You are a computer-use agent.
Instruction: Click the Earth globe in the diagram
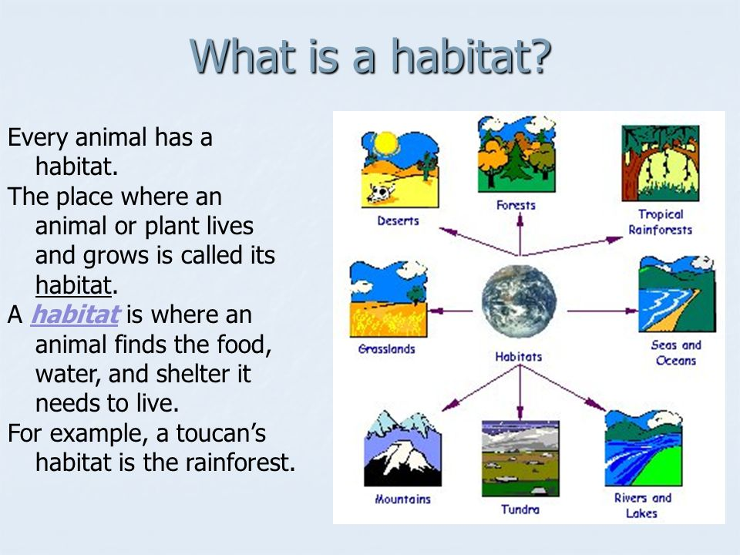coord(519,301)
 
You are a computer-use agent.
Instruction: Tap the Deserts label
coord(398,220)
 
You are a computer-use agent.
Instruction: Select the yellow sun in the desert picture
coord(386,143)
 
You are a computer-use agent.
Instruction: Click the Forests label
coord(516,205)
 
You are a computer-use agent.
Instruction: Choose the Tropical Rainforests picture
coord(661,163)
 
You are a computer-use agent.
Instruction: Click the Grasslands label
coord(386,349)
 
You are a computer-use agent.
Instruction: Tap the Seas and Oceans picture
coord(678,294)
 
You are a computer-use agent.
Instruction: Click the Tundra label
coord(520,510)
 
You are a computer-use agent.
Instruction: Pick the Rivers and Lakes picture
coord(644,448)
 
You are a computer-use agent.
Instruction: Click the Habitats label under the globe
coord(519,357)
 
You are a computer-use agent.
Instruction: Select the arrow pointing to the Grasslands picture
coord(451,311)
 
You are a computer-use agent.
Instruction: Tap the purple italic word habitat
coord(75,314)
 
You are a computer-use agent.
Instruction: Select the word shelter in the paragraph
coord(203,373)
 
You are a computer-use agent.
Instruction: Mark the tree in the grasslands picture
coord(415,294)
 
